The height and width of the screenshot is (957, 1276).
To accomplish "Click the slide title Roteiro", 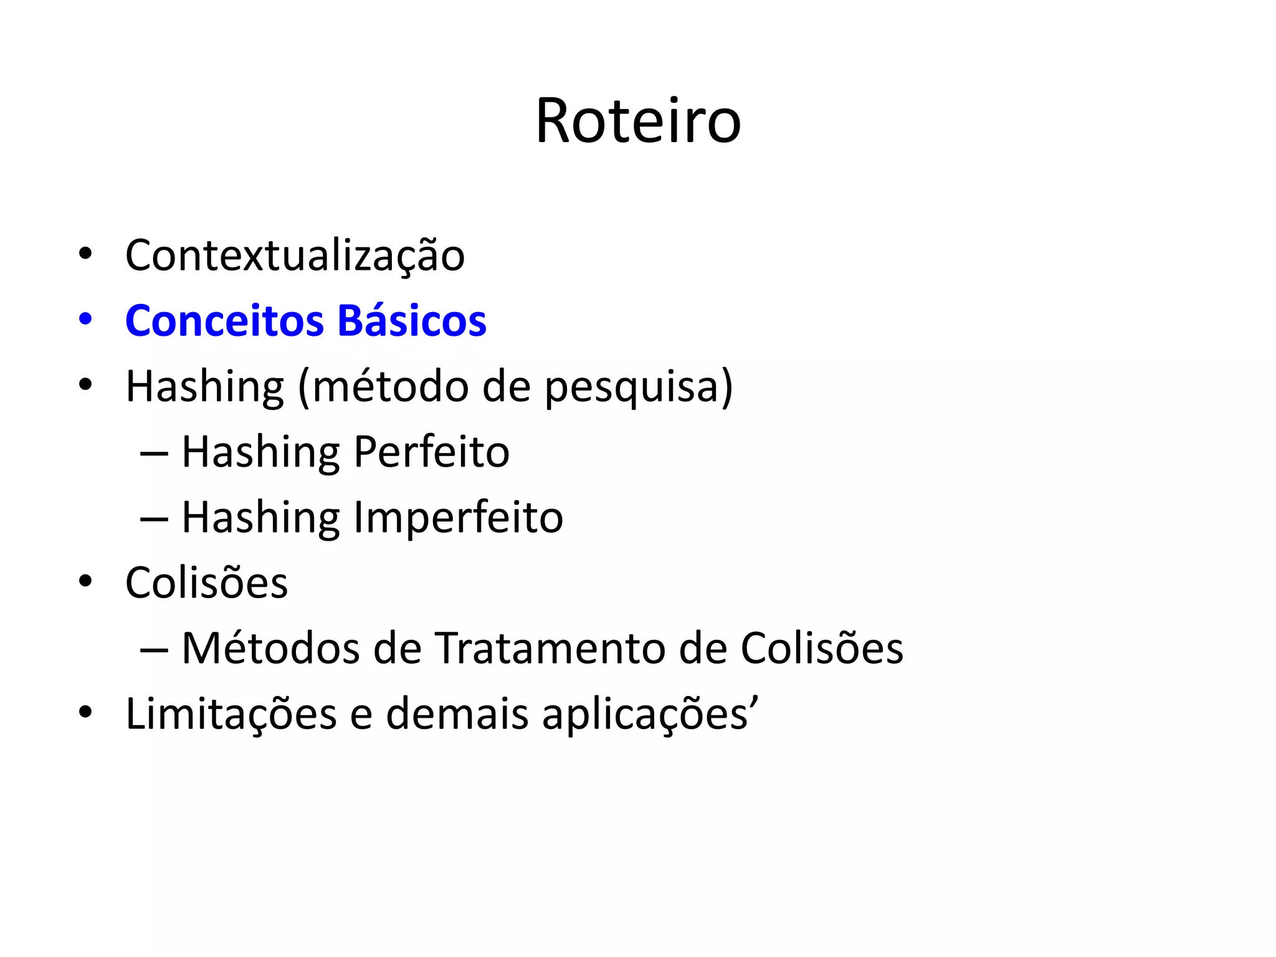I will click(x=638, y=121).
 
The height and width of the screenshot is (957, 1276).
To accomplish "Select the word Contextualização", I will click(x=295, y=255).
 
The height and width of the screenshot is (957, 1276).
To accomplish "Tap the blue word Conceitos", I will click(x=224, y=321).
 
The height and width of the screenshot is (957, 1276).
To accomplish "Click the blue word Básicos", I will click(x=411, y=321).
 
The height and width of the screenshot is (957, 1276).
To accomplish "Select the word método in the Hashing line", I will click(x=391, y=386).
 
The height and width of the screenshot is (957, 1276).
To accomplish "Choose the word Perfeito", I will click(x=431, y=452).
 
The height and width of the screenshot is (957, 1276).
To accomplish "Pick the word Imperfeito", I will click(x=458, y=518).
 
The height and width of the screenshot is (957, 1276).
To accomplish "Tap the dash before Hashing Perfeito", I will click(x=154, y=454).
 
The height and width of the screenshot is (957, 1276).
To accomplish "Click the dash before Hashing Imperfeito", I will click(x=154, y=519).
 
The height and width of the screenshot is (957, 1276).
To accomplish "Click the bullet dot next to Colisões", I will click(x=85, y=581).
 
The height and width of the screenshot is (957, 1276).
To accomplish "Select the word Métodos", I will click(x=270, y=648).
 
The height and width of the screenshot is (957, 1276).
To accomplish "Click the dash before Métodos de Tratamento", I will click(x=154, y=650).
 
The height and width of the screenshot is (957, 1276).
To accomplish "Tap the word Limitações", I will click(x=231, y=714).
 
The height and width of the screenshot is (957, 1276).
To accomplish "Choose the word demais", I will click(x=457, y=714).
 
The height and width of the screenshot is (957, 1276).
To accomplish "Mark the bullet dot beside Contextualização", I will click(x=85, y=254).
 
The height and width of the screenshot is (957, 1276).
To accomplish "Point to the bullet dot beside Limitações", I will click(x=85, y=712).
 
